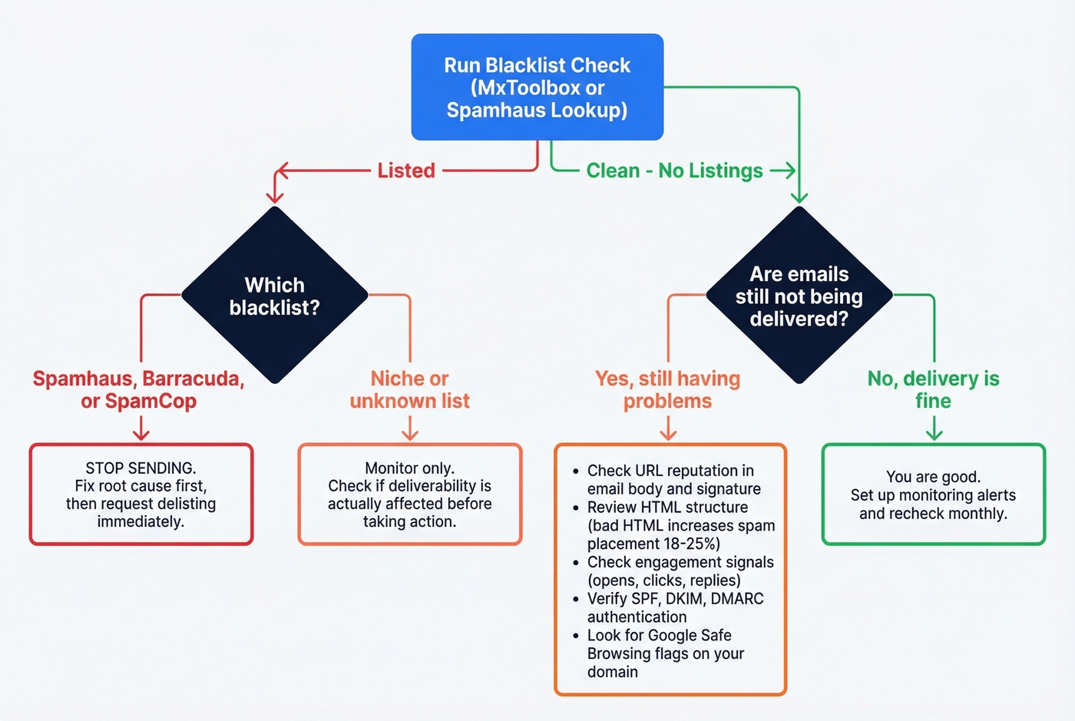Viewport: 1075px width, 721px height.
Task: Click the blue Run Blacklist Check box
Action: tap(537, 87)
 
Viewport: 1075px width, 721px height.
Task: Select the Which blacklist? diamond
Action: tap(274, 296)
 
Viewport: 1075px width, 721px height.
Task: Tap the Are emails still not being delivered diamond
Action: tap(799, 296)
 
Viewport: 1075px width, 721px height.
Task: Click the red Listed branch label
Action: tap(406, 170)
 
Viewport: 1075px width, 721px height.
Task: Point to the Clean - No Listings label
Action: tap(674, 170)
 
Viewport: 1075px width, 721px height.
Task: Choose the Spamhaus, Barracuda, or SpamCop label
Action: tap(139, 389)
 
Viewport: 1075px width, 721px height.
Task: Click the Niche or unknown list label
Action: tap(409, 389)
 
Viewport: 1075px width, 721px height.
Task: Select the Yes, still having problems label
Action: tap(667, 389)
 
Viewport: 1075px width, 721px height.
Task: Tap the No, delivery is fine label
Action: tap(933, 389)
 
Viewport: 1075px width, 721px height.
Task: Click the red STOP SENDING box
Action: tap(141, 494)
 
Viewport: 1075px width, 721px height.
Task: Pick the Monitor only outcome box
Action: tap(409, 494)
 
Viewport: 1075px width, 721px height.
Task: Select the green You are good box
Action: tap(933, 494)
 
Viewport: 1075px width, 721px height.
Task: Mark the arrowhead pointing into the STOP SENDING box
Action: tap(141, 435)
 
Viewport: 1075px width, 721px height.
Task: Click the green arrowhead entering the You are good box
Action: tap(934, 435)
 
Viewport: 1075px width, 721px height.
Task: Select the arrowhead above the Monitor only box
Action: tap(410, 435)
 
